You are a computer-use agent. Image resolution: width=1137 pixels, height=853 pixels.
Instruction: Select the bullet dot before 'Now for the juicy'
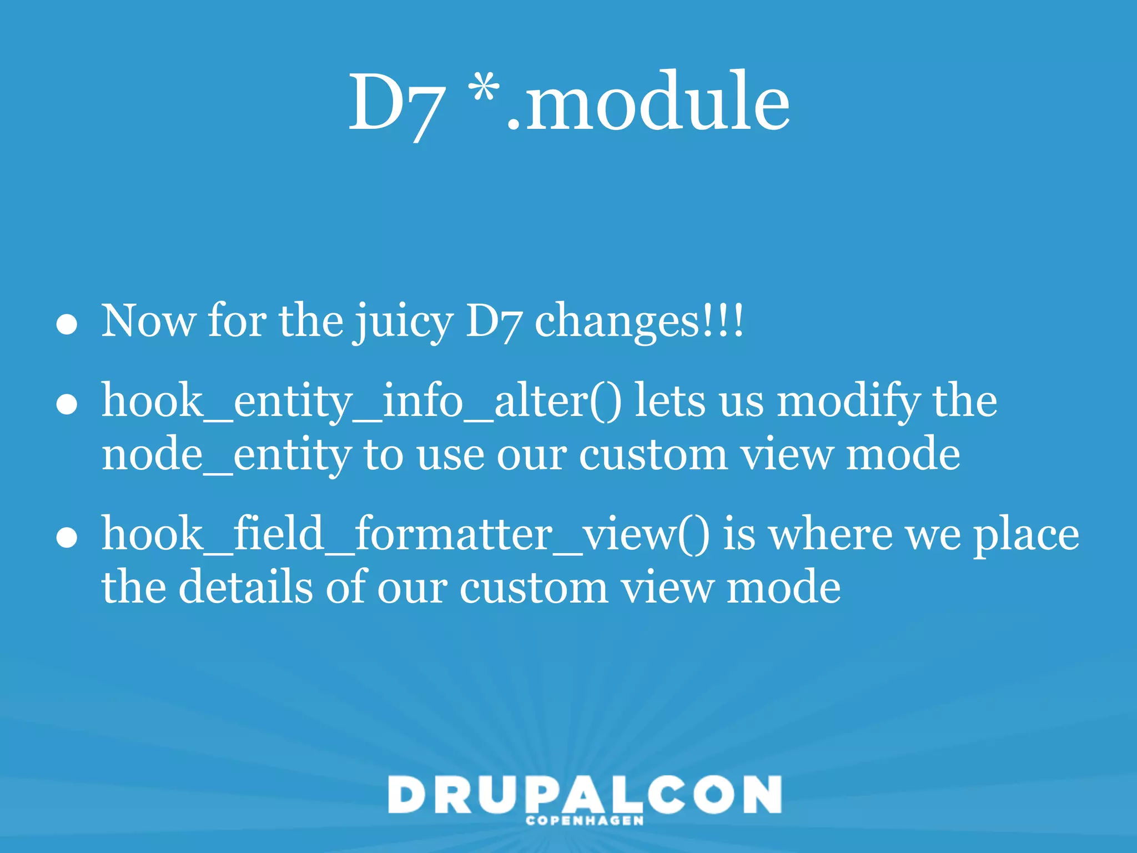[67, 325]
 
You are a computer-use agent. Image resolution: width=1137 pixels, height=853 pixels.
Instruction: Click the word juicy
[404, 322]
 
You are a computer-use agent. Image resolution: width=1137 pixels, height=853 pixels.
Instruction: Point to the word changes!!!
[638, 322]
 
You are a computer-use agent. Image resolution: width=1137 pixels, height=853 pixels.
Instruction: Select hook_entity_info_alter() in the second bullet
[361, 401]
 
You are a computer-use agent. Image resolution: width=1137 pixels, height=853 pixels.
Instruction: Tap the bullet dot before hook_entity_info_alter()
[67, 405]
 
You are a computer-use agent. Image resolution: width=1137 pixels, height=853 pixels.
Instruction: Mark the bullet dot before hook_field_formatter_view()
[67, 538]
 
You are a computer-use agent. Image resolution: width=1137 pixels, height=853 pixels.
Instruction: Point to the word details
[245, 588]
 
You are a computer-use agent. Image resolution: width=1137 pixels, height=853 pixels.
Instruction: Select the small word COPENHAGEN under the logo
[585, 821]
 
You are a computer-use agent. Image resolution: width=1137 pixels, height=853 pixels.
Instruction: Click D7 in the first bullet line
[493, 322]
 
